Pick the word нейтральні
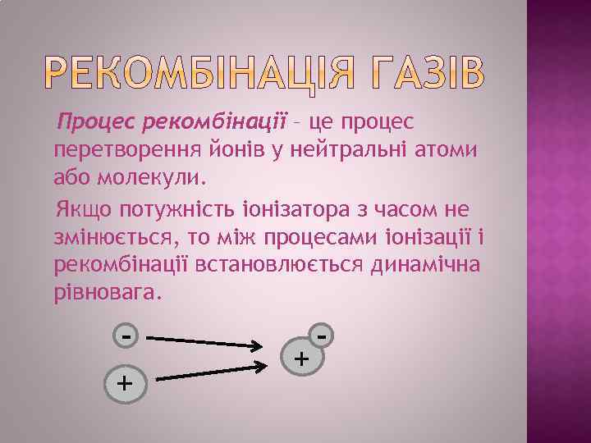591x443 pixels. pos(347,149)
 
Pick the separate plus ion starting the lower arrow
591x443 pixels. pos(124,381)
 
